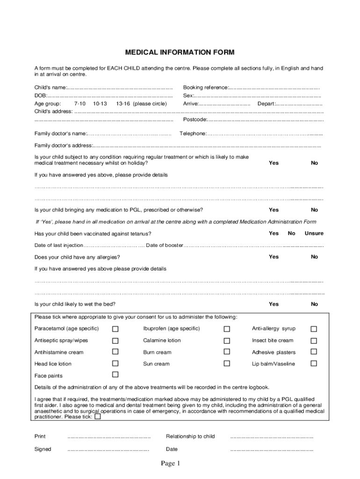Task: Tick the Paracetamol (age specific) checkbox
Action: point(115,329)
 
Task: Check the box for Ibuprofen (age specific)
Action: point(227,329)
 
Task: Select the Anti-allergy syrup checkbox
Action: point(314,329)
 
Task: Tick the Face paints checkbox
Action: point(115,375)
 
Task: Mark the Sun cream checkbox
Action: point(227,363)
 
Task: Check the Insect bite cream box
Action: point(314,341)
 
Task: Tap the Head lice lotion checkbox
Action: point(115,363)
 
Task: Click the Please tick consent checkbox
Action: point(98,416)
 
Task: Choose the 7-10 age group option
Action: point(79,103)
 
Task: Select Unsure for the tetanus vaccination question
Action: point(314,233)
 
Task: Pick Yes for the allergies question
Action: point(274,256)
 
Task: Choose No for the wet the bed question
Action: point(314,304)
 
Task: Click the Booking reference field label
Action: point(205,87)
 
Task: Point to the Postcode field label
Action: point(195,119)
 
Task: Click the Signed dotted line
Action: point(108,450)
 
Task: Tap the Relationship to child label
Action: point(190,436)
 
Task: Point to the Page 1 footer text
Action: point(171,464)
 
